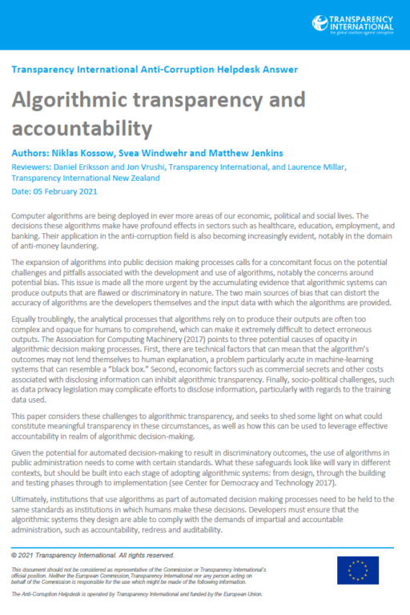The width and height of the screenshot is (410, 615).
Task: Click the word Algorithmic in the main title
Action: coord(72,100)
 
